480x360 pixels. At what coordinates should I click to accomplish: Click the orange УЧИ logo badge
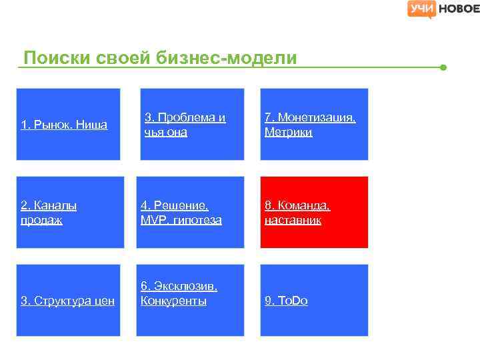click(422, 9)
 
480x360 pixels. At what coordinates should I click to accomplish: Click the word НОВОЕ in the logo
click(458, 9)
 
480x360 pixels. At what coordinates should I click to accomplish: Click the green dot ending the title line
click(443, 67)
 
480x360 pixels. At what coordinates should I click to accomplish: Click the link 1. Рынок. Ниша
click(64, 125)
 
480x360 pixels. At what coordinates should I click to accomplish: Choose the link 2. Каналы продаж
click(49, 213)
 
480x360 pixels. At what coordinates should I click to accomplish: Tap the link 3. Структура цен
click(67, 301)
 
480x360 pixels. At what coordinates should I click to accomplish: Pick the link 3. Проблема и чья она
click(185, 125)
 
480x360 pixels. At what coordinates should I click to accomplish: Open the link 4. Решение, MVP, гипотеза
click(181, 213)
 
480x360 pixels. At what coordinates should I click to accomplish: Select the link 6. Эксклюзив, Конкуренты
click(179, 293)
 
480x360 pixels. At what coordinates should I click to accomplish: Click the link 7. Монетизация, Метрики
click(310, 125)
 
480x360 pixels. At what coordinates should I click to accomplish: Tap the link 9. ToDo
click(286, 301)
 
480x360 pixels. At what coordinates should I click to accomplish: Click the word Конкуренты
click(173, 301)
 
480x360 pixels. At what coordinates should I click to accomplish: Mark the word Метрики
click(288, 132)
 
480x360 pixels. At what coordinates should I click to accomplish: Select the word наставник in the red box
click(293, 220)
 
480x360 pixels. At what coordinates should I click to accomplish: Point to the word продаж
click(42, 220)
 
